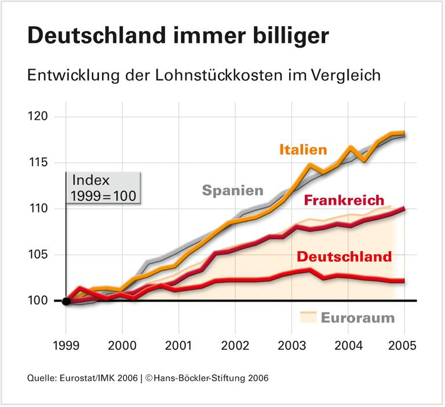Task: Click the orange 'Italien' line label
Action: pyautogui.click(x=303, y=149)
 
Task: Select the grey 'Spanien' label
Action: pyautogui.click(x=232, y=190)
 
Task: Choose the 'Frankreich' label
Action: pyautogui.click(x=344, y=200)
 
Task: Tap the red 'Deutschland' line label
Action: pyautogui.click(x=344, y=256)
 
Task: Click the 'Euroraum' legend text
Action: pyautogui.click(x=358, y=317)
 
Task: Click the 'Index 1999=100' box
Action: pyautogui.click(x=103, y=188)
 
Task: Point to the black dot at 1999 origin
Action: pyautogui.click(x=66, y=300)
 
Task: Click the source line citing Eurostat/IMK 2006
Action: pyautogui.click(x=148, y=378)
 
